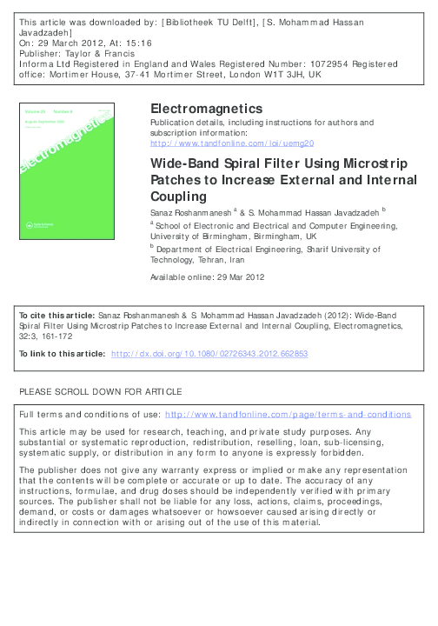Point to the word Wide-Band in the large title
(184, 163)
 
